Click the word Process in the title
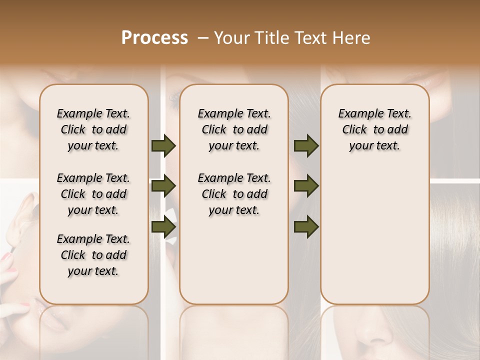coord(154,38)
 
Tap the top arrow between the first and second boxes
coord(163,145)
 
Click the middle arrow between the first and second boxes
coord(163,186)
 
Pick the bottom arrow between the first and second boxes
coord(163,226)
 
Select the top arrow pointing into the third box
coord(306,145)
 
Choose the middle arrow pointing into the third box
coord(306,186)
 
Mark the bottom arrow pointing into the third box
coord(306,226)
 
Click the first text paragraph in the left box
coord(93,129)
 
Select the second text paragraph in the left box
coord(93,194)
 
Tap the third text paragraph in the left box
coord(93,255)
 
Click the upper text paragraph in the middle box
coord(234,129)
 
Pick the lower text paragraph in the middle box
coord(234,194)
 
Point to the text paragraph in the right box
coord(375,129)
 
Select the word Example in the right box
coord(357,113)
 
